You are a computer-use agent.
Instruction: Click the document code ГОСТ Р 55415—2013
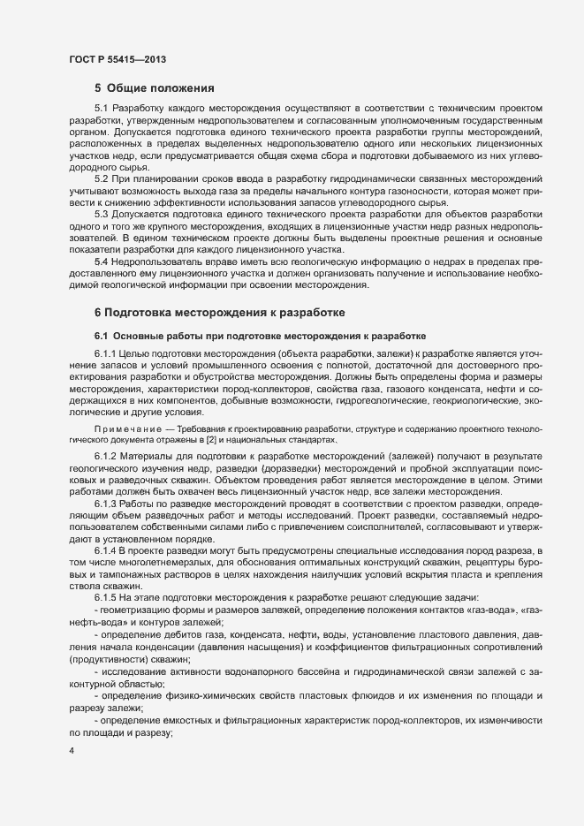[x=117, y=60]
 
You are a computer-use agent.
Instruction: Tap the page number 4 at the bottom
[x=72, y=751]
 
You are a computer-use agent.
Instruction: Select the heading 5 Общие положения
[x=155, y=87]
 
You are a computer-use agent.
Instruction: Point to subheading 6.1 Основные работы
[x=261, y=336]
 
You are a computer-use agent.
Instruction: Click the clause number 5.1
[x=102, y=108]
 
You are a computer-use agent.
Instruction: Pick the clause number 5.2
[x=102, y=179]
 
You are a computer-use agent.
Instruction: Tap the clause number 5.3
[x=102, y=215]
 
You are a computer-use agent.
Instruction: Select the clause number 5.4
[x=102, y=262]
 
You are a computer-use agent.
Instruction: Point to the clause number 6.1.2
[x=108, y=454]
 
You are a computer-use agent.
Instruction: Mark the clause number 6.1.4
[x=108, y=549]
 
